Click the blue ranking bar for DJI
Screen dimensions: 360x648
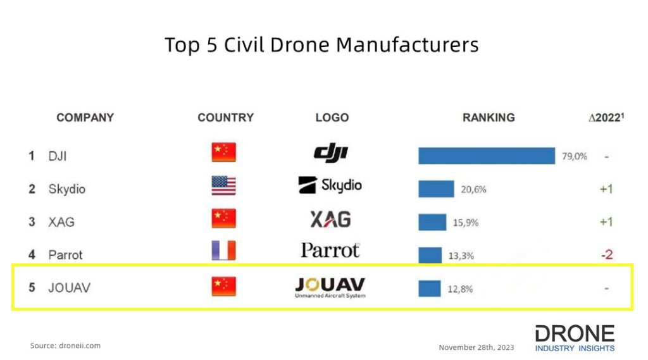(486, 156)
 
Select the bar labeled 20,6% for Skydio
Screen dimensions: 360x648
(436, 189)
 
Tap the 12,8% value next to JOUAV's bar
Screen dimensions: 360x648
(460, 289)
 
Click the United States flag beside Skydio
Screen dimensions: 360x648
(223, 185)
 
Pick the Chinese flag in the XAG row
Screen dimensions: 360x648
(223, 218)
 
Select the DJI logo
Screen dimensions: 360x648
(331, 152)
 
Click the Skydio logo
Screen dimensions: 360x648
(330, 185)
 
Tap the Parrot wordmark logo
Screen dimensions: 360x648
(330, 251)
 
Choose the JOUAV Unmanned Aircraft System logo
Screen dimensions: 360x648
(330, 287)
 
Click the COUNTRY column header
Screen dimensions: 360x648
(225, 118)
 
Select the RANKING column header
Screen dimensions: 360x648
(489, 118)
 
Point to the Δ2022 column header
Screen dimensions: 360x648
(606, 118)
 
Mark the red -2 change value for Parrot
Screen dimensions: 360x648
(606, 255)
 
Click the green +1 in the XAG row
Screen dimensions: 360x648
(606, 222)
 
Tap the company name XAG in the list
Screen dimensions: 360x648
(61, 222)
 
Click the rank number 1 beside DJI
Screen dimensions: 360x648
(32, 156)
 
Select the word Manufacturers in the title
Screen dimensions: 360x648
(407, 45)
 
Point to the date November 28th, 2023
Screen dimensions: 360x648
(477, 347)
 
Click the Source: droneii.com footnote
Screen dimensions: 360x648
(65, 345)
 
